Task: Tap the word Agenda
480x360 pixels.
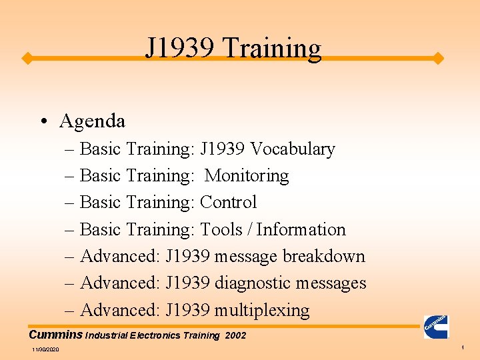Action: (92, 121)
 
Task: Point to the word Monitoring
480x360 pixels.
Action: (247, 176)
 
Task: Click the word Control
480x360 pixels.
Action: (228, 202)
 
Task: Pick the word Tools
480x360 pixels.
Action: (222, 229)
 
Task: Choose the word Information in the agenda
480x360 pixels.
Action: (301, 229)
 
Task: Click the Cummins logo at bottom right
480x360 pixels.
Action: (436, 327)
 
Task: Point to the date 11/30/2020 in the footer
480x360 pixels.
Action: (45, 350)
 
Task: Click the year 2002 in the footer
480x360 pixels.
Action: (235, 335)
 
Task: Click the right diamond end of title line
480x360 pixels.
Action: (438, 59)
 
